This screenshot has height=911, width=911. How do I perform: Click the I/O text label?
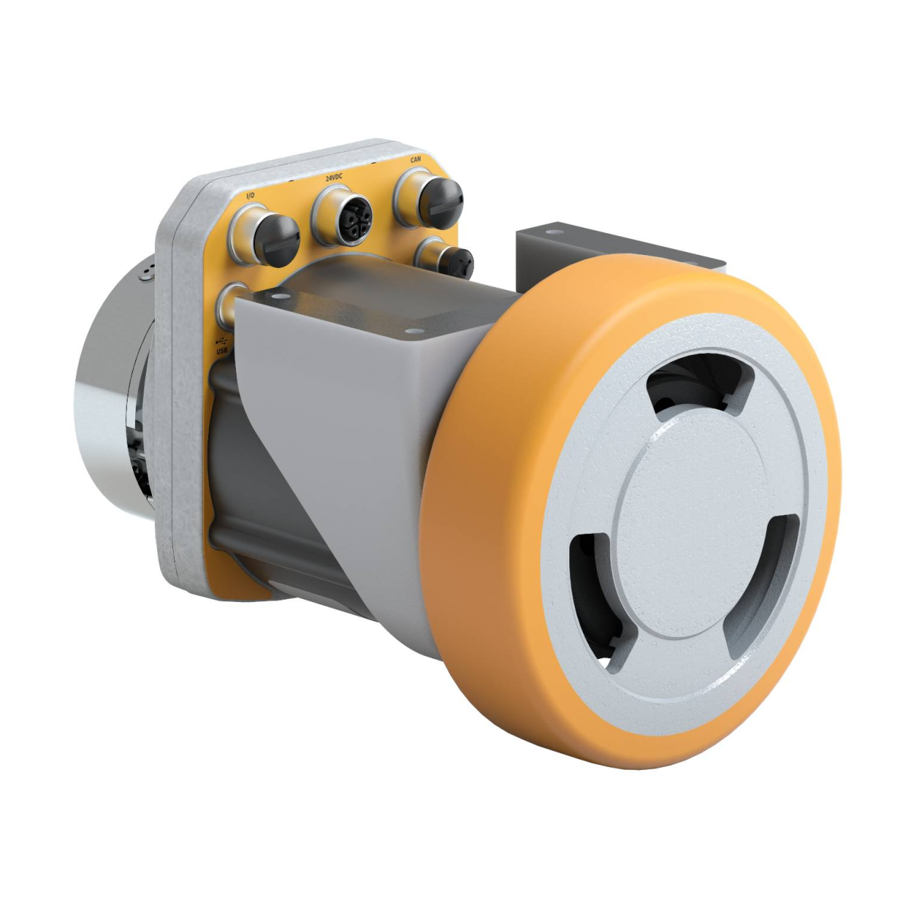click(x=250, y=196)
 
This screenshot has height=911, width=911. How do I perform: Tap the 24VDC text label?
click(x=335, y=178)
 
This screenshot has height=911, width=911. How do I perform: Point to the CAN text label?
click(x=415, y=159)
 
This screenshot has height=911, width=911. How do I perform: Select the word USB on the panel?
click(x=222, y=351)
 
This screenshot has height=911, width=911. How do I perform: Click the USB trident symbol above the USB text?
click(x=222, y=340)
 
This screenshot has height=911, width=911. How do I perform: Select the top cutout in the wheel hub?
click(x=699, y=384)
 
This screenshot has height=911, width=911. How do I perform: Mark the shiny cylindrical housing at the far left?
click(x=110, y=395)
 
